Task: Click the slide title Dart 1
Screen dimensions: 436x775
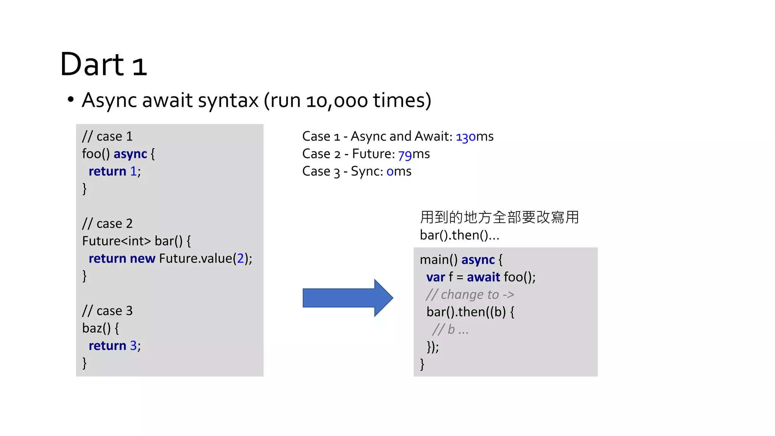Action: point(103,64)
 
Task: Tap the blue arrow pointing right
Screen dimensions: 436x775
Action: point(347,298)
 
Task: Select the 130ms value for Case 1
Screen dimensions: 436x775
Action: point(474,137)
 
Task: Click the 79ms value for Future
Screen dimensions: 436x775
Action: point(414,154)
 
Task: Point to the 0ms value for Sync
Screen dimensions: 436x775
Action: point(398,171)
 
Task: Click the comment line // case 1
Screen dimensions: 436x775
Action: point(107,136)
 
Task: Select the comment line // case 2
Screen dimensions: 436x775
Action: point(107,224)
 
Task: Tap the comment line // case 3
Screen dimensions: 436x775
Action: point(107,311)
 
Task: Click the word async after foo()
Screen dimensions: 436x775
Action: point(130,154)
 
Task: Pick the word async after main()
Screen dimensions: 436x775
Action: point(478,260)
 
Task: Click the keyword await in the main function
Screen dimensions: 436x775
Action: point(483,277)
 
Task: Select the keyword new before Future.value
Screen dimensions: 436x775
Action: point(142,258)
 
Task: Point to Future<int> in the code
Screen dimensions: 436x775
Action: point(116,241)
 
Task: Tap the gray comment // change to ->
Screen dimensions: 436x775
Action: point(470,294)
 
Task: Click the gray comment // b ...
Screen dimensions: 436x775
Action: point(450,330)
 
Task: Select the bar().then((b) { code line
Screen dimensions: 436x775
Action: point(470,312)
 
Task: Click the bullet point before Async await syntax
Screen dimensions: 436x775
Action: point(70,100)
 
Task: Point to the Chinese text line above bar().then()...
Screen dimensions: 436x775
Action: point(499,218)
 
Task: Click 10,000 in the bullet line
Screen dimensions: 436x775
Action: point(337,101)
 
